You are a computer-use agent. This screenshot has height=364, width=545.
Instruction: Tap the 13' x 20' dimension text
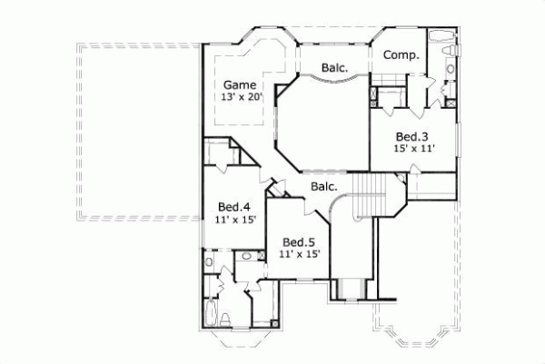click(x=240, y=97)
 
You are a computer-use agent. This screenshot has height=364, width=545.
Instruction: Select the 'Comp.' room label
click(x=401, y=55)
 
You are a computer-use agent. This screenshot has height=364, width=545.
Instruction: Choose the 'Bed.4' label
click(x=233, y=207)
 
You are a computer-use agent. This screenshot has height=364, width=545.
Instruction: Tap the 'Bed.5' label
click(x=298, y=242)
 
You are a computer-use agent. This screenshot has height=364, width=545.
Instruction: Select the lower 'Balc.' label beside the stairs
click(x=323, y=187)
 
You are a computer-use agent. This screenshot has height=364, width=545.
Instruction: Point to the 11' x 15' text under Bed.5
click(x=298, y=255)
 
